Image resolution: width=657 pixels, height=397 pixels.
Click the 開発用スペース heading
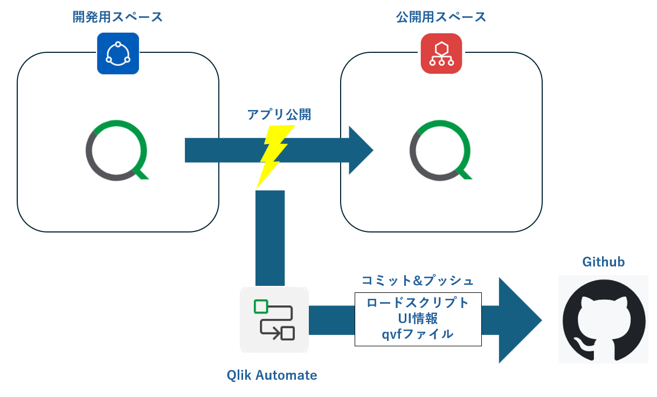[117, 17]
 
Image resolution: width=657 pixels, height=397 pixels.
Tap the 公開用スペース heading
[441, 17]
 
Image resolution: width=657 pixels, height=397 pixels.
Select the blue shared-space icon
[118, 53]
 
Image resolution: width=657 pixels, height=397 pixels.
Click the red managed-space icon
[441, 53]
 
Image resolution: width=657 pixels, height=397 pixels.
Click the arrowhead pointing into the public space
[360, 150]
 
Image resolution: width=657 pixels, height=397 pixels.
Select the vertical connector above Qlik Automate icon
[269, 237]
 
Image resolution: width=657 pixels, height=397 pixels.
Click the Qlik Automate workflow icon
[274, 320]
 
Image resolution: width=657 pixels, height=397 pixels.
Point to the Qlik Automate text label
[272, 375]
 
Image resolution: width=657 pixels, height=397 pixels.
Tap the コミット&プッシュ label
[417, 281]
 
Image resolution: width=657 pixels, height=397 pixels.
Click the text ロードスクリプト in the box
[418, 303]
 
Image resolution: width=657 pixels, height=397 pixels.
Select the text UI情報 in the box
[418, 318]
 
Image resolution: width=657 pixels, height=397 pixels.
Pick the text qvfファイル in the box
[418, 334]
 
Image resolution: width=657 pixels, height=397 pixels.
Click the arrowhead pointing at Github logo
[517, 320]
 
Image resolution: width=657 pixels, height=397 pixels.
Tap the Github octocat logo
[603, 319]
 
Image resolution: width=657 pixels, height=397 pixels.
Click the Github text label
[603, 262]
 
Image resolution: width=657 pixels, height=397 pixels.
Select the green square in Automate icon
[261, 306]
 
